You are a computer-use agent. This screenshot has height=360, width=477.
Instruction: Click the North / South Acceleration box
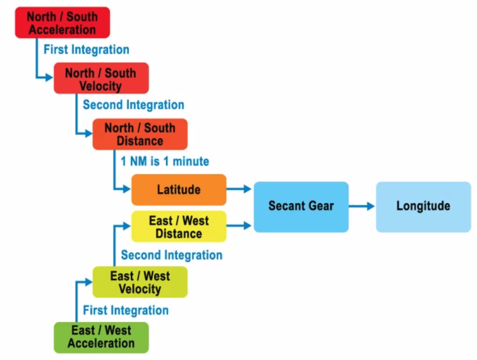click(x=62, y=23)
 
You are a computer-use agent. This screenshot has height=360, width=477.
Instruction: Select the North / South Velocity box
click(x=101, y=79)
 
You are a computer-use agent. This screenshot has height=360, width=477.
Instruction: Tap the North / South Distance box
click(x=140, y=134)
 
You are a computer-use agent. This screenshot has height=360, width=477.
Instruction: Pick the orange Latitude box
click(x=179, y=190)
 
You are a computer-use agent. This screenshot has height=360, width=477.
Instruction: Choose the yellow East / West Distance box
click(x=179, y=227)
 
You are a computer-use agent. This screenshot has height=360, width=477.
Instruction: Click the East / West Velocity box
click(x=140, y=282)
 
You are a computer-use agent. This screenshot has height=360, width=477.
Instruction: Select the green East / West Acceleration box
click(x=101, y=338)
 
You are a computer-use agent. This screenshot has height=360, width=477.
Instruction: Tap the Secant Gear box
click(x=301, y=206)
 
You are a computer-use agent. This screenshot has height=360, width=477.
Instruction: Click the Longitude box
click(x=423, y=206)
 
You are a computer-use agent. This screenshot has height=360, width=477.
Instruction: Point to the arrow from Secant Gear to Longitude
click(x=362, y=206)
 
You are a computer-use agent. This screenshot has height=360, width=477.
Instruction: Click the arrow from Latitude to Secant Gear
click(x=239, y=189)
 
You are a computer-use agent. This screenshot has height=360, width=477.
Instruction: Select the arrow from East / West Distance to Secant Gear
click(x=239, y=226)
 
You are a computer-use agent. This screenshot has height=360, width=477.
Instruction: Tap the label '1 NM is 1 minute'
click(x=165, y=161)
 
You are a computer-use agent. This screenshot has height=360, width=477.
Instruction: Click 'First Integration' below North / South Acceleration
click(x=86, y=49)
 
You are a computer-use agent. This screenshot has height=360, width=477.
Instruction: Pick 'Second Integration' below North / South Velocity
click(x=133, y=105)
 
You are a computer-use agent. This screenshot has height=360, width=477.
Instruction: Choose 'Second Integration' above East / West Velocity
click(x=171, y=255)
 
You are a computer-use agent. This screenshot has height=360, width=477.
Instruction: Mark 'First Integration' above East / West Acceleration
click(x=126, y=311)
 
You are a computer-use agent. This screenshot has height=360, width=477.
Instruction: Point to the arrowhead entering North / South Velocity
click(x=49, y=77)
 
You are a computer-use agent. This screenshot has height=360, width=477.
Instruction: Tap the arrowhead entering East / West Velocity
click(x=88, y=281)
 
